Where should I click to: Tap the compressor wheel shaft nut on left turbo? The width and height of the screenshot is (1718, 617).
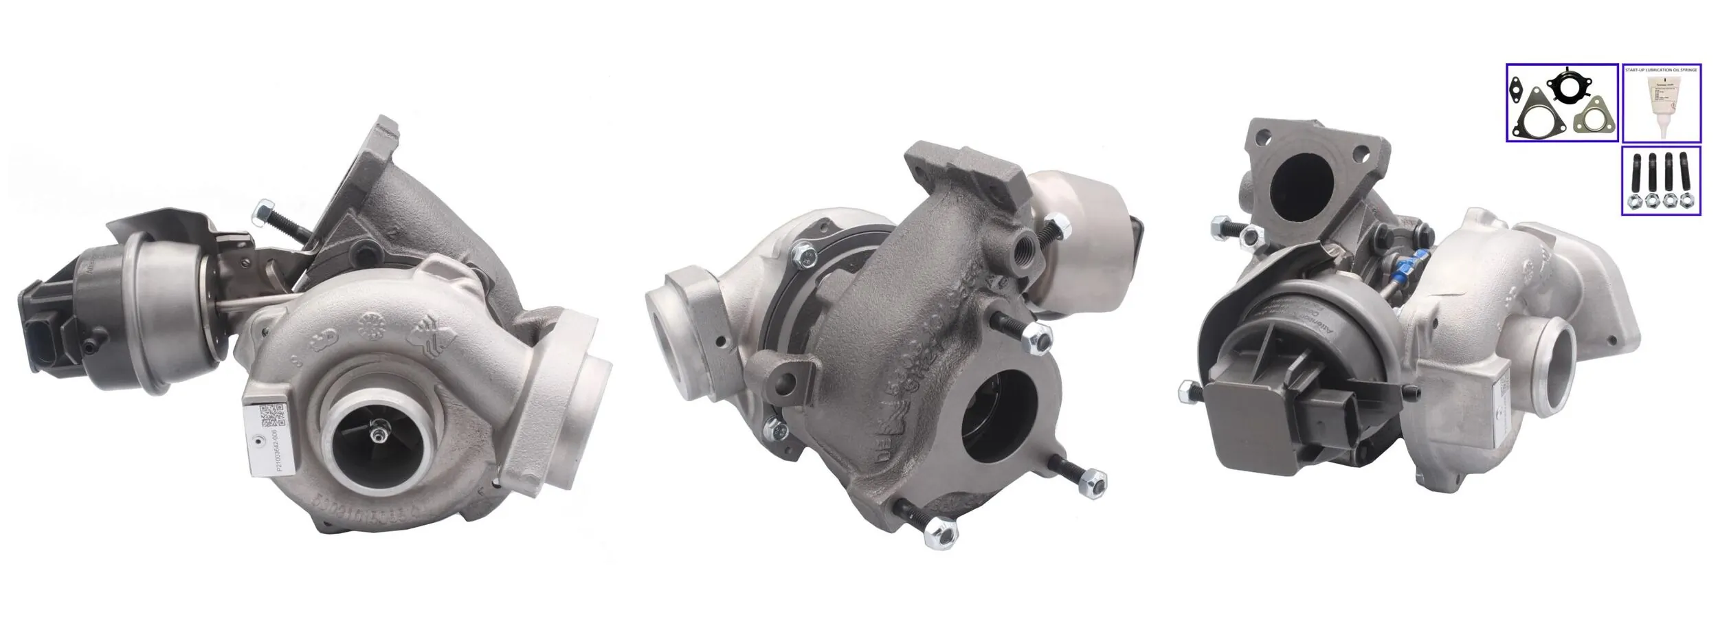click(377, 434)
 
